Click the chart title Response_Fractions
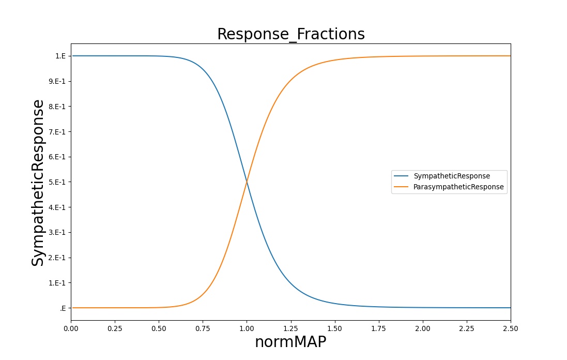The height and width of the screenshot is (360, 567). (290, 34)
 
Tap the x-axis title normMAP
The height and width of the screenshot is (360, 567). (290, 341)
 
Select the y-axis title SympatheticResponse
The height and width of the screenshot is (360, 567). (38, 183)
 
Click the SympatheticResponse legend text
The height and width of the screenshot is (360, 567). (452, 176)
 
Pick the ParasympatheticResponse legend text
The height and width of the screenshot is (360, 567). (458, 187)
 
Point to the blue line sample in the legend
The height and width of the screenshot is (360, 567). (401, 176)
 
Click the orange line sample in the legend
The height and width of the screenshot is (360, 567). (401, 187)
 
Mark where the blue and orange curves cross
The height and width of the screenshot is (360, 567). (247, 182)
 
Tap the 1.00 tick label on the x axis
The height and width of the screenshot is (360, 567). (247, 328)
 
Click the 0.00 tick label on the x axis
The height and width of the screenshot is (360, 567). (71, 328)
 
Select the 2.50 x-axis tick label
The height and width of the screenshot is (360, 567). (511, 328)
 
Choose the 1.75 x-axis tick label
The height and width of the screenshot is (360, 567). (378, 328)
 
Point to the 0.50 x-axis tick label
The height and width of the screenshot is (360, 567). (159, 328)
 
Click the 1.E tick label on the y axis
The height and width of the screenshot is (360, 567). (60, 56)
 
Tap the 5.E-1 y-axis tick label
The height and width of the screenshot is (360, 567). (57, 182)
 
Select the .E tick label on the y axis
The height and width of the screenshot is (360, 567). (63, 308)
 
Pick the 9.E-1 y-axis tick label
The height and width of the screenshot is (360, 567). (57, 81)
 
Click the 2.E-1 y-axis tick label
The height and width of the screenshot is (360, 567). (57, 258)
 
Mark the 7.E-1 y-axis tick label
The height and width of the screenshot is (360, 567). (57, 132)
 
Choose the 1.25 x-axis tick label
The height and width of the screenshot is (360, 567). (290, 328)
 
